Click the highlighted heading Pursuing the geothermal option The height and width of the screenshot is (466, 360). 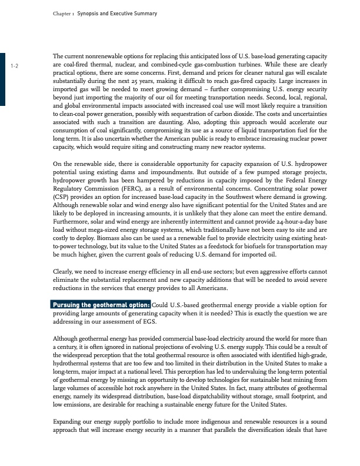tap(101, 305)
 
